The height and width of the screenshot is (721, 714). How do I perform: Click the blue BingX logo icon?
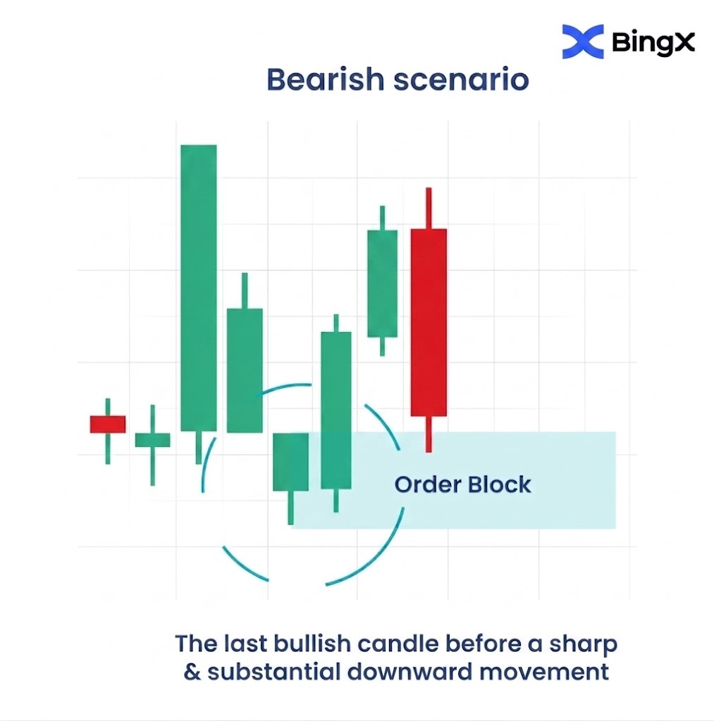(582, 42)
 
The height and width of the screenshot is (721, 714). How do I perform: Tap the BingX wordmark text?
(653, 42)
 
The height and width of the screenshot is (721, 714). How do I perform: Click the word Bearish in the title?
(326, 80)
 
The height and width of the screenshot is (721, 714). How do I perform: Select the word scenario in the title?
(461, 80)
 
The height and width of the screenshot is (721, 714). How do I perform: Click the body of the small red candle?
(108, 424)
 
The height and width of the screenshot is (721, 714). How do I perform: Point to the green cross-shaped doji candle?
(152, 444)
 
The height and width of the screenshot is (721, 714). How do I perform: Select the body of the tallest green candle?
(198, 288)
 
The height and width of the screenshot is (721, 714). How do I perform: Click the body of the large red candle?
(429, 322)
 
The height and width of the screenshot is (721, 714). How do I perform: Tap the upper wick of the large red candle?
(429, 208)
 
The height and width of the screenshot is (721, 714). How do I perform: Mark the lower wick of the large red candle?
(429, 434)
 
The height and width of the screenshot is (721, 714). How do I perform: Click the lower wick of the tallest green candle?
(198, 447)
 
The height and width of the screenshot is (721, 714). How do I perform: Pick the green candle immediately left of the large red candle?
(382, 280)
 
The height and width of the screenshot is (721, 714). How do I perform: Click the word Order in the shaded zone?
(428, 484)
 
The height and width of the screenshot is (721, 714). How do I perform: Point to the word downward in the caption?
(410, 672)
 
